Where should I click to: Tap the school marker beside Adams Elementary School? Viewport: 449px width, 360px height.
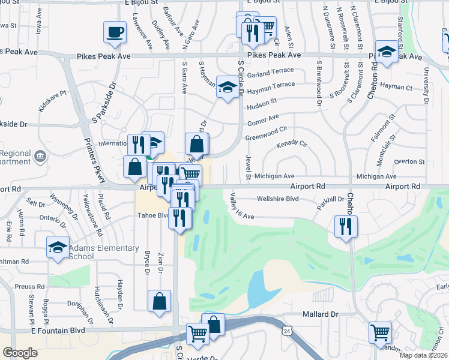[58, 248]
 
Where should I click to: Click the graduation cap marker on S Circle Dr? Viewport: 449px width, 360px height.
[227, 88]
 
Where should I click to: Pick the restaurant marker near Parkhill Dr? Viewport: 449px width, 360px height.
[346, 226]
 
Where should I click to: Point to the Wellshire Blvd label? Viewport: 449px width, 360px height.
[277, 199]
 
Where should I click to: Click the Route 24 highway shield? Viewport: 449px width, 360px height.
[288, 331]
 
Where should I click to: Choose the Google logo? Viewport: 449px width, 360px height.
[20, 353]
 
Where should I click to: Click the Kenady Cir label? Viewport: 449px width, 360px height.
[292, 145]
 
